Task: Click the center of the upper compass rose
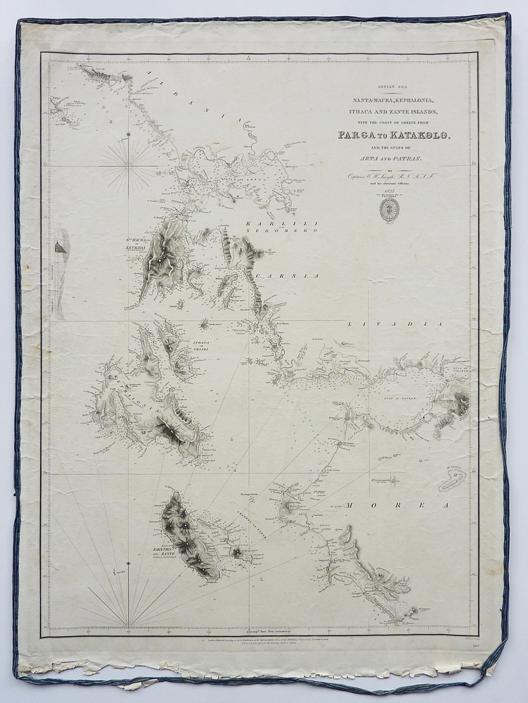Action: click(x=128, y=165)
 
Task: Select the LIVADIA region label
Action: click(x=394, y=324)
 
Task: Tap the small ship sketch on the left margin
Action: click(x=59, y=247)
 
